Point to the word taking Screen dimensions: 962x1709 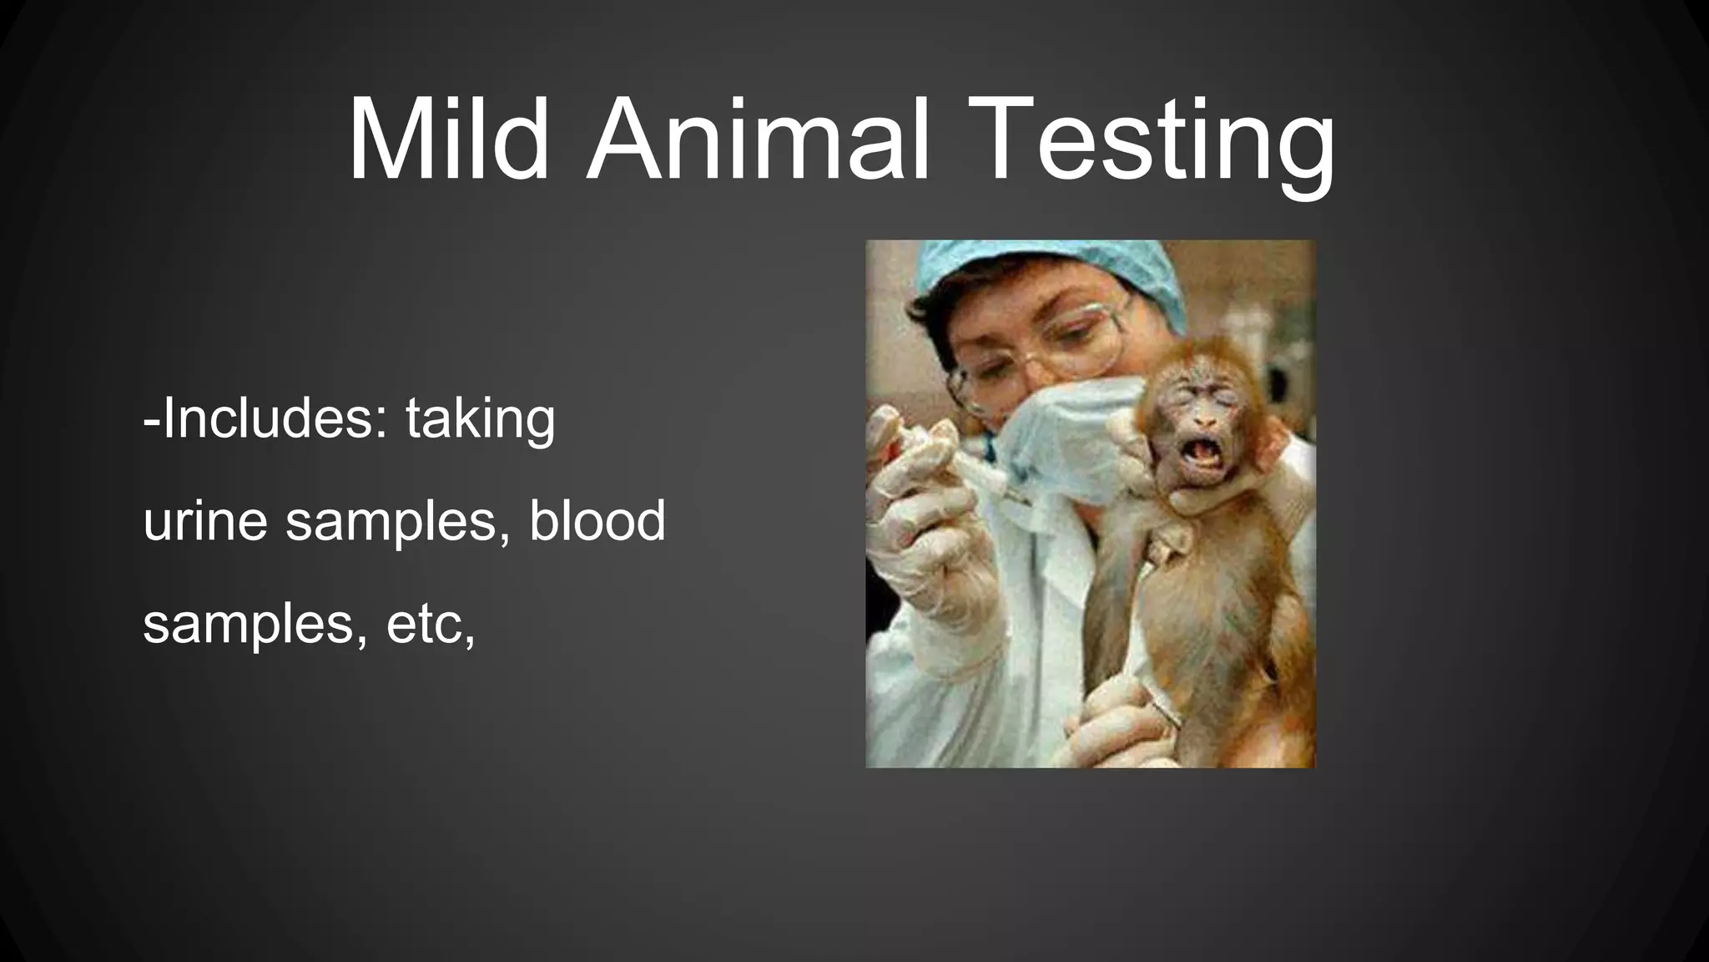point(480,420)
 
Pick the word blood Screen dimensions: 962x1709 point(597,519)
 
